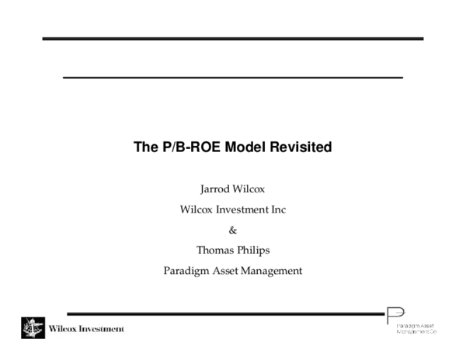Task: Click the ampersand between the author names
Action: coord(233,230)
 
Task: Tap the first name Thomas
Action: coord(214,250)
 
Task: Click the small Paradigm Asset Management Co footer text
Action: coord(417,327)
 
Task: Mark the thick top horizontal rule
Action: coord(232,39)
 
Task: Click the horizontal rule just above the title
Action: coord(232,78)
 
